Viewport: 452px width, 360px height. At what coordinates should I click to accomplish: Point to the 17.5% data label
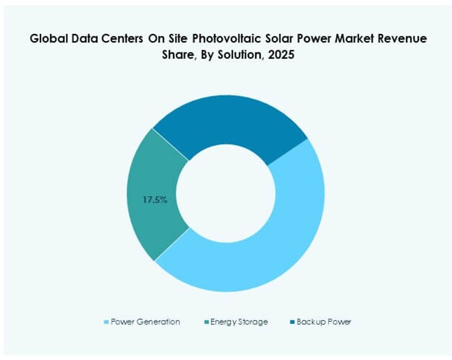pyautogui.click(x=155, y=199)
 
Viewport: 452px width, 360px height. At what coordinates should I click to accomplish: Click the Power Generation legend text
pyautogui.click(x=146, y=322)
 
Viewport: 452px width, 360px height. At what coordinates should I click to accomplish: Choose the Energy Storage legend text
pyautogui.click(x=239, y=322)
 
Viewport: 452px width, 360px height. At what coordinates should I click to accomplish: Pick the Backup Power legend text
pyautogui.click(x=324, y=322)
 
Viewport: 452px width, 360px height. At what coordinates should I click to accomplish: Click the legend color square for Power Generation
pyautogui.click(x=107, y=322)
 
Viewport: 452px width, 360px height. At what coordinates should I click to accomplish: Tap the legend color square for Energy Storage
pyautogui.click(x=206, y=322)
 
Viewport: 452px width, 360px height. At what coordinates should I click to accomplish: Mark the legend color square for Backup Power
pyautogui.click(x=291, y=322)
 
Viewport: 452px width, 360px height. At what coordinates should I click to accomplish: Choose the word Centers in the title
pyautogui.click(x=125, y=39)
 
